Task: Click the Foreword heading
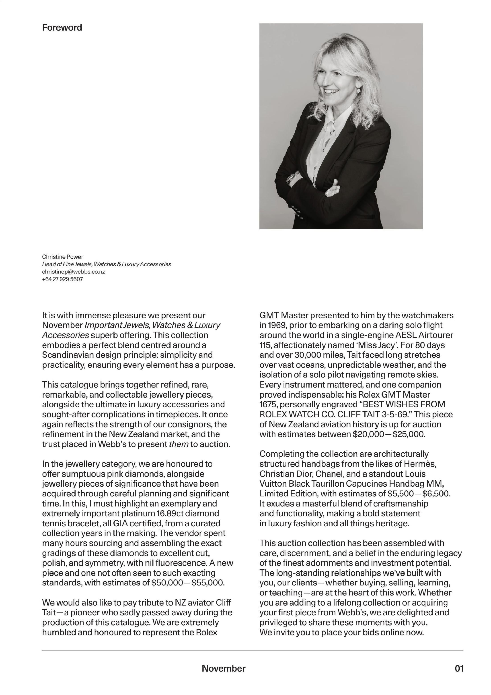pos(62,27)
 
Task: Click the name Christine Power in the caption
pos(63,257)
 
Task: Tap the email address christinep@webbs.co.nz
pos(74,272)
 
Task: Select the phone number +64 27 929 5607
pos(62,279)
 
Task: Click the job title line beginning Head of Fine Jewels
pos(106,264)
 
